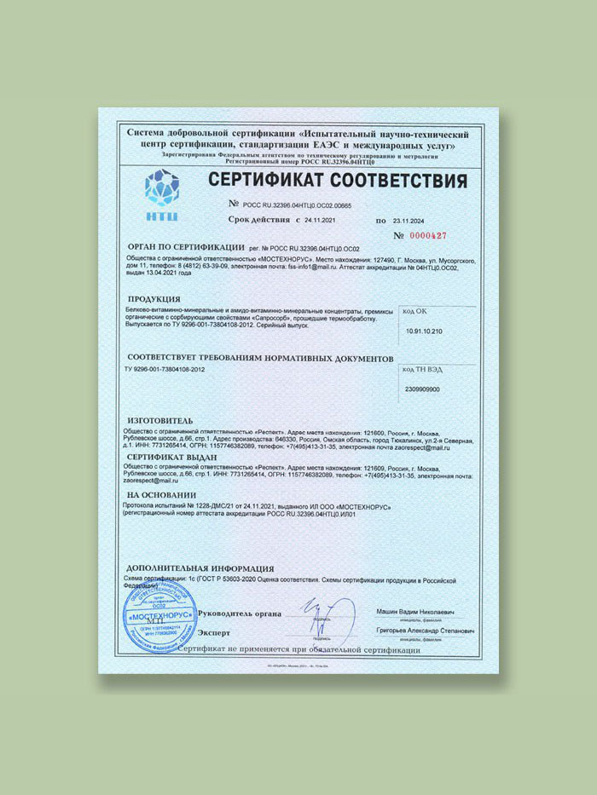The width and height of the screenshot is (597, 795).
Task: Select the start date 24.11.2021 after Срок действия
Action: [323, 219]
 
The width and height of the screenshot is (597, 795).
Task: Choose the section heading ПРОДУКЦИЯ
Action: [154, 300]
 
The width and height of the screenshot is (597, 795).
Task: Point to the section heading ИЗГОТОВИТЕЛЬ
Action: [165, 421]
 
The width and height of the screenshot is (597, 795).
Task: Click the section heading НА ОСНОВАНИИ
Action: [161, 494]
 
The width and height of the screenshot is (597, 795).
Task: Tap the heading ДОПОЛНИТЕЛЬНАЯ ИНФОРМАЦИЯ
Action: [200, 567]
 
